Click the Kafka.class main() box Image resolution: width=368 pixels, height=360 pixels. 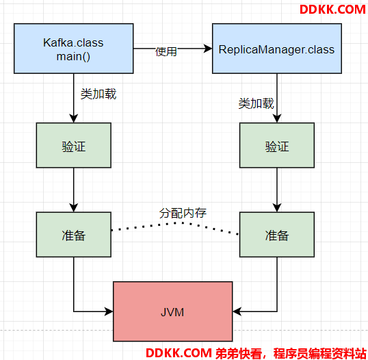tap(74, 49)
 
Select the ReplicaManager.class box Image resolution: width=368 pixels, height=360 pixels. tap(277, 49)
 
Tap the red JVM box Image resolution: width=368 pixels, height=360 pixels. tap(173, 311)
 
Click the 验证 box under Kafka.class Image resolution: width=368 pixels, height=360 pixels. tap(74, 145)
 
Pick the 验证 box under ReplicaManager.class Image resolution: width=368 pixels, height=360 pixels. tap(277, 145)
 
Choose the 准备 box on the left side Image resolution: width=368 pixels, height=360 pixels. tap(74, 235)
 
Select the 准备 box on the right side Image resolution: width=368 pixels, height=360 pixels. tap(277, 235)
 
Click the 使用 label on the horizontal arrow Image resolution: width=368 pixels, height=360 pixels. tap(166, 51)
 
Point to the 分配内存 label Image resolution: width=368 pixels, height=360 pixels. tap(183, 213)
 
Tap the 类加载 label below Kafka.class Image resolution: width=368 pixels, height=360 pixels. tap(98, 94)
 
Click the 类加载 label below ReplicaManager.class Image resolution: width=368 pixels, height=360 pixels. tap(256, 103)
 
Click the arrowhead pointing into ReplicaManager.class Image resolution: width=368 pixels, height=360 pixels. tap(208, 49)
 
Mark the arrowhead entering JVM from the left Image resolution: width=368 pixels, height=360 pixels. tap(109, 311)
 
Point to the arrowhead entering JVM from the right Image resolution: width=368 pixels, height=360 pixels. tap(237, 311)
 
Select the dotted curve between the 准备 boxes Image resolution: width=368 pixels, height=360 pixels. tap(175, 223)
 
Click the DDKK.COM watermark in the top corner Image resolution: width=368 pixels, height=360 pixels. tap(332, 10)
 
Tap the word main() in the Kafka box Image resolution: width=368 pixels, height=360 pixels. tap(73, 57)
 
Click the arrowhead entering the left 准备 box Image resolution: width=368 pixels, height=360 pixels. tap(74, 208)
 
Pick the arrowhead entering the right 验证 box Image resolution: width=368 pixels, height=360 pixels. tap(277, 118)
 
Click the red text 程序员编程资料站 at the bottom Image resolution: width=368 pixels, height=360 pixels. tap(319, 353)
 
